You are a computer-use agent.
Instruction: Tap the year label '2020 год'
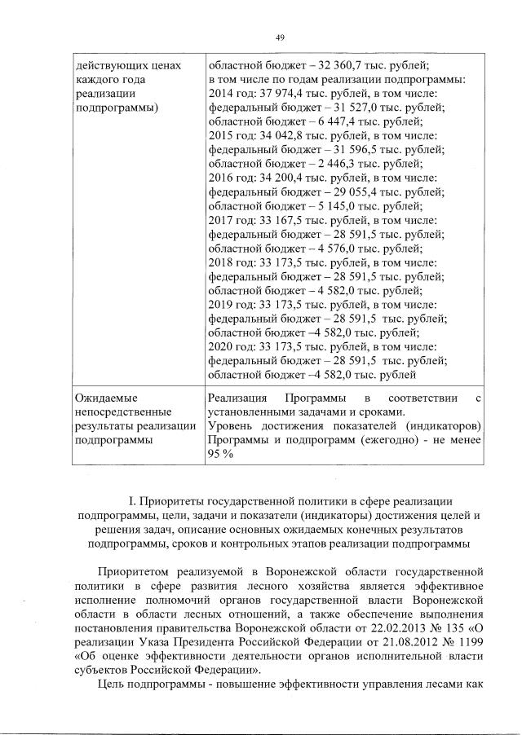[230, 346]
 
